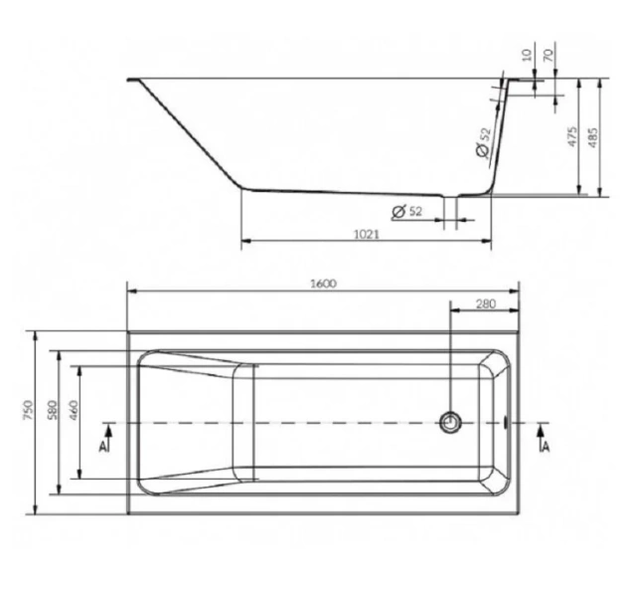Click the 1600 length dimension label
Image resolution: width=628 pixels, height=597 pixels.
pyautogui.click(x=324, y=284)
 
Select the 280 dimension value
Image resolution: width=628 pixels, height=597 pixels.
pyautogui.click(x=486, y=303)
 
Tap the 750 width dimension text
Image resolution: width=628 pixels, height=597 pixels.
pyautogui.click(x=28, y=410)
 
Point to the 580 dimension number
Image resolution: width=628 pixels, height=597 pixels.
pyautogui.click(x=52, y=410)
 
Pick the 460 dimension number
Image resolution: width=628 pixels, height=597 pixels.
pyautogui.click(x=74, y=410)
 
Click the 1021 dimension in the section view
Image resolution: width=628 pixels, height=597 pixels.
pyautogui.click(x=367, y=234)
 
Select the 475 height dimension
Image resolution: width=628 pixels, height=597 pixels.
pyautogui.click(x=573, y=136)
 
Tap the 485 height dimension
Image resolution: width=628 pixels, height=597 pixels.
pyautogui.click(x=593, y=137)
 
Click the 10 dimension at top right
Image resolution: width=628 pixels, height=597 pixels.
pyautogui.click(x=528, y=54)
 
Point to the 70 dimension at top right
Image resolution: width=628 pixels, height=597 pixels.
pyautogui.click(x=549, y=54)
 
